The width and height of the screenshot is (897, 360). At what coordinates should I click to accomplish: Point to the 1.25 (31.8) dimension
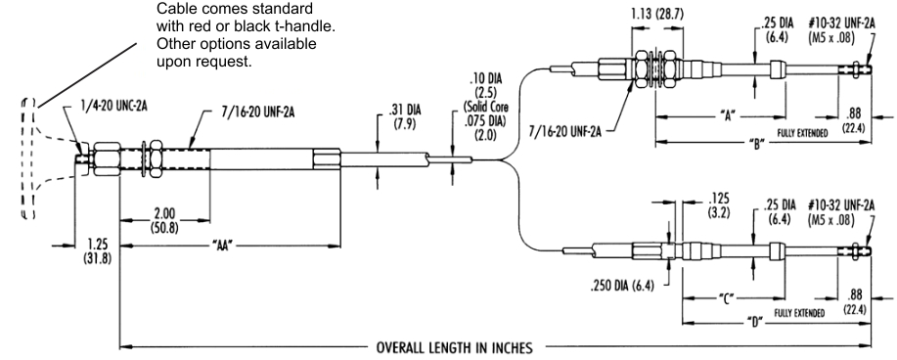click(x=96, y=251)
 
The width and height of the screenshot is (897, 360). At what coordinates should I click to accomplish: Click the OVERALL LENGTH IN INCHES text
click(x=454, y=347)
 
